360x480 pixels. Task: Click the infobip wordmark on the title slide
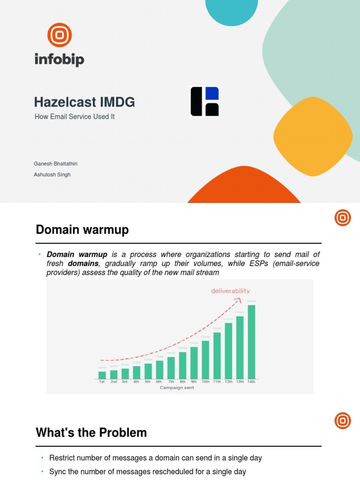(59, 60)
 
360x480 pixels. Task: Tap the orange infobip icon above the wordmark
(60, 35)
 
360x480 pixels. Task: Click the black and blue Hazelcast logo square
(205, 101)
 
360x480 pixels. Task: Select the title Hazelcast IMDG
(84, 102)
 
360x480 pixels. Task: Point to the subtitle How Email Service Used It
(75, 117)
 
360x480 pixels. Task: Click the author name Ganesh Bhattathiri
(55, 164)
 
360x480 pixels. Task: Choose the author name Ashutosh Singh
(52, 174)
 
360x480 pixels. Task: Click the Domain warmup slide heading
(82, 230)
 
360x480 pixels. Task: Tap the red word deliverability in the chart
(230, 291)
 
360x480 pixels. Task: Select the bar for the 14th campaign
(251, 342)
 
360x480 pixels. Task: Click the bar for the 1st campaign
(102, 375)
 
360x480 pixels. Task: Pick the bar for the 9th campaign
(194, 363)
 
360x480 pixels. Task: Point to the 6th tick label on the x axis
(159, 382)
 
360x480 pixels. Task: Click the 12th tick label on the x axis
(228, 382)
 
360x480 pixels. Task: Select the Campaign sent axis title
(177, 388)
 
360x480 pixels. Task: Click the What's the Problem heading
(91, 433)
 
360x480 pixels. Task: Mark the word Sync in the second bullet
(57, 472)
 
